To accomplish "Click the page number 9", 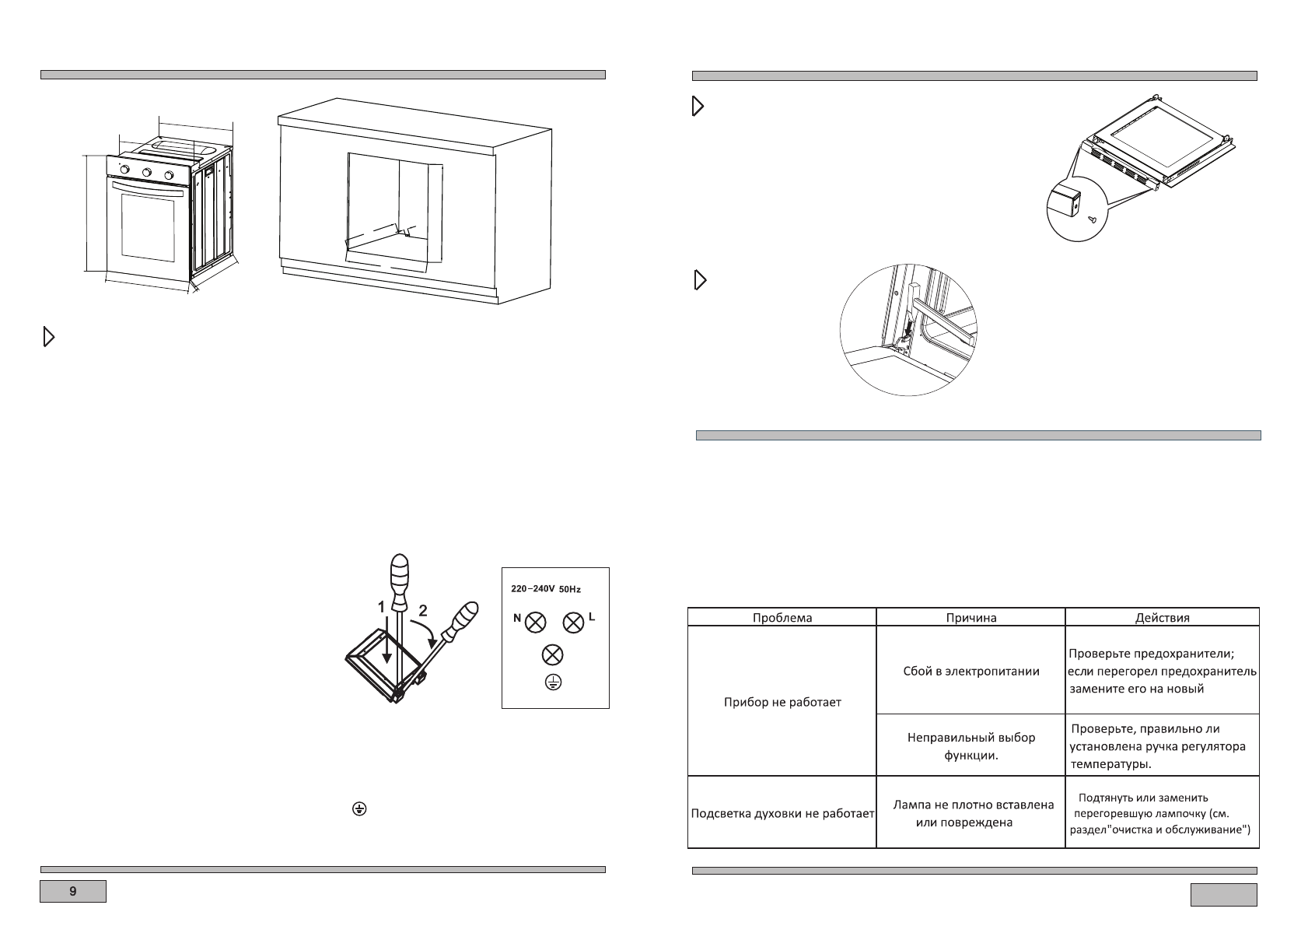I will (73, 891).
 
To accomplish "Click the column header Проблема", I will (782, 617).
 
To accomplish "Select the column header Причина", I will (971, 617).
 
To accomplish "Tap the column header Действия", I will (1162, 617).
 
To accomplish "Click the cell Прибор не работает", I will (782, 702).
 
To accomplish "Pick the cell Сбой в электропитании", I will (971, 671).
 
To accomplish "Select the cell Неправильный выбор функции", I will (971, 745).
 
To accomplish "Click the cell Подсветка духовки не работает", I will (783, 814).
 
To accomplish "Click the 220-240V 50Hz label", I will (545, 589).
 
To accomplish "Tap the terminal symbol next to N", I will (536, 622).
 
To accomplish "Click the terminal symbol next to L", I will (573, 622).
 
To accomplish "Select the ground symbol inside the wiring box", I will (552, 682).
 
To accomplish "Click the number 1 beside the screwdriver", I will (382, 607).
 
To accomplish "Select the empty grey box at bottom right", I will (1223, 895).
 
